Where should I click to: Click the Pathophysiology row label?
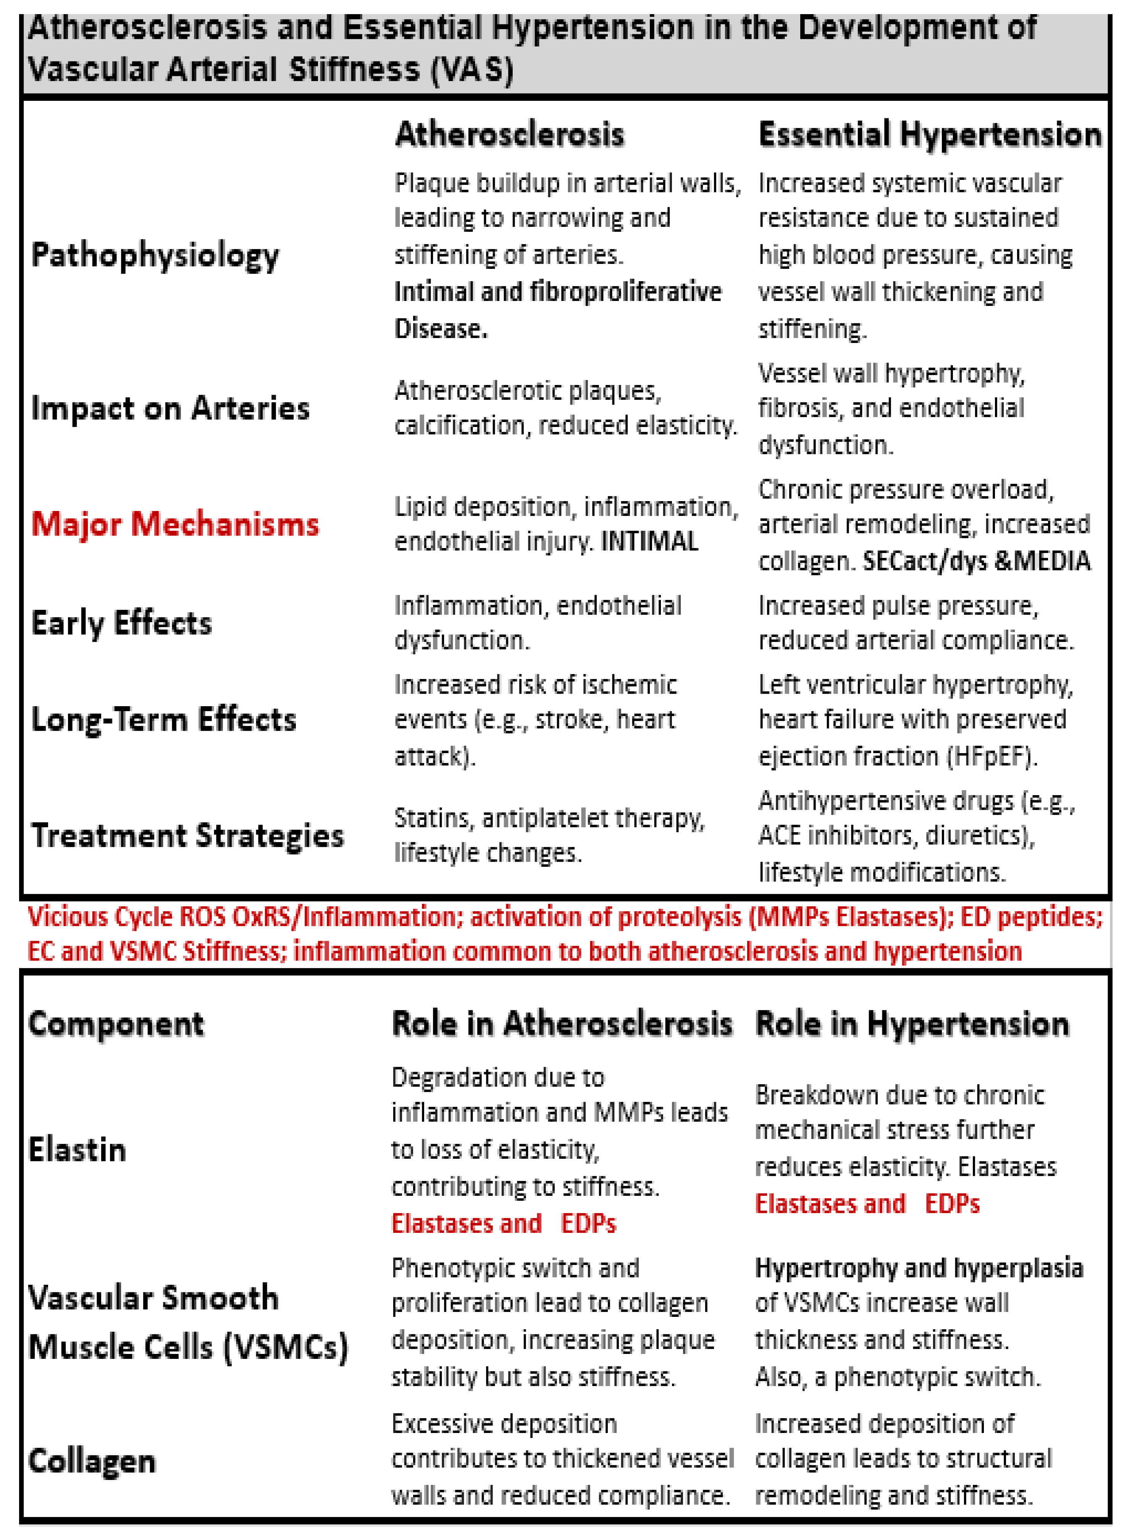pyautogui.click(x=155, y=256)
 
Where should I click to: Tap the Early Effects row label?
pyautogui.click(x=122, y=623)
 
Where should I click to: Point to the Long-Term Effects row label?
pyautogui.click(x=164, y=719)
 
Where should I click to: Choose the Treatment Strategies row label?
pyautogui.click(x=188, y=836)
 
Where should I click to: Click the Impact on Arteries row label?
pyautogui.click(x=170, y=408)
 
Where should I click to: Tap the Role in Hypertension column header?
pyautogui.click(x=912, y=1024)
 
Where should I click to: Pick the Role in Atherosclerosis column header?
pyautogui.click(x=562, y=1024)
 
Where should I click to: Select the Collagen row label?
pyautogui.click(x=92, y=1461)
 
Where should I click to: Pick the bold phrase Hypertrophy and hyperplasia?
pyautogui.click(x=919, y=1268)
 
